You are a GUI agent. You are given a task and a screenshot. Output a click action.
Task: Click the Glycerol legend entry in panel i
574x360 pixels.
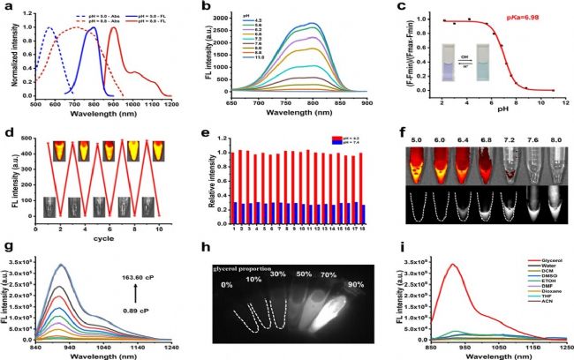point(536,262)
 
